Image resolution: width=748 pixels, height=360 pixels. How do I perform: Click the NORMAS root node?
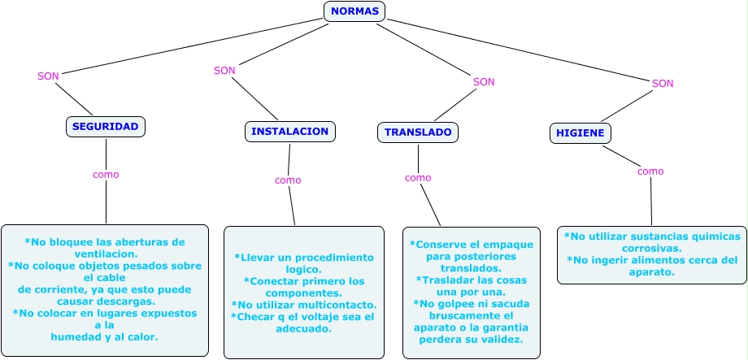pos(354,11)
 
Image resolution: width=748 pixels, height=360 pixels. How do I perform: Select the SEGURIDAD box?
pos(106,127)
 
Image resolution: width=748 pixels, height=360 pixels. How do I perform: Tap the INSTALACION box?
pos(289,132)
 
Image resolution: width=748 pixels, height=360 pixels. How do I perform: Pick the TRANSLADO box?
pos(418,132)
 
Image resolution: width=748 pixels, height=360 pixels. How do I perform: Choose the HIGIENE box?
pos(581,133)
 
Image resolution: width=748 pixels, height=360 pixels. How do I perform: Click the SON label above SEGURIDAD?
pos(49,76)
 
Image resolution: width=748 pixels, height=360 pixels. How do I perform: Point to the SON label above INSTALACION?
pos(224,71)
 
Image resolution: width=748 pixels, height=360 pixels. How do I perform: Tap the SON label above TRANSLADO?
pos(484,82)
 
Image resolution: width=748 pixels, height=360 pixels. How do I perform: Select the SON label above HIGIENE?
pos(663,84)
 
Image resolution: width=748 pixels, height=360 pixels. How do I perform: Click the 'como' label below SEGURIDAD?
pos(106,175)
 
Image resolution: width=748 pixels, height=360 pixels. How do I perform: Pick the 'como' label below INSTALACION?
pos(288,180)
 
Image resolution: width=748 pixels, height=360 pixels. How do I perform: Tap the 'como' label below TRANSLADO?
pos(418,178)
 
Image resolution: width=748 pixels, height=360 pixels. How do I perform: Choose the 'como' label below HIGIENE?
pos(650,171)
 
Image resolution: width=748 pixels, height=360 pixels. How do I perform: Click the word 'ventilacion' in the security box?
pos(104,254)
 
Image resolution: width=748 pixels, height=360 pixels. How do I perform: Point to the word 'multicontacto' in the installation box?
pos(333,304)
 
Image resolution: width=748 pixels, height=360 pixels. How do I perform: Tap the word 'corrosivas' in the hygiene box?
pos(651,249)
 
